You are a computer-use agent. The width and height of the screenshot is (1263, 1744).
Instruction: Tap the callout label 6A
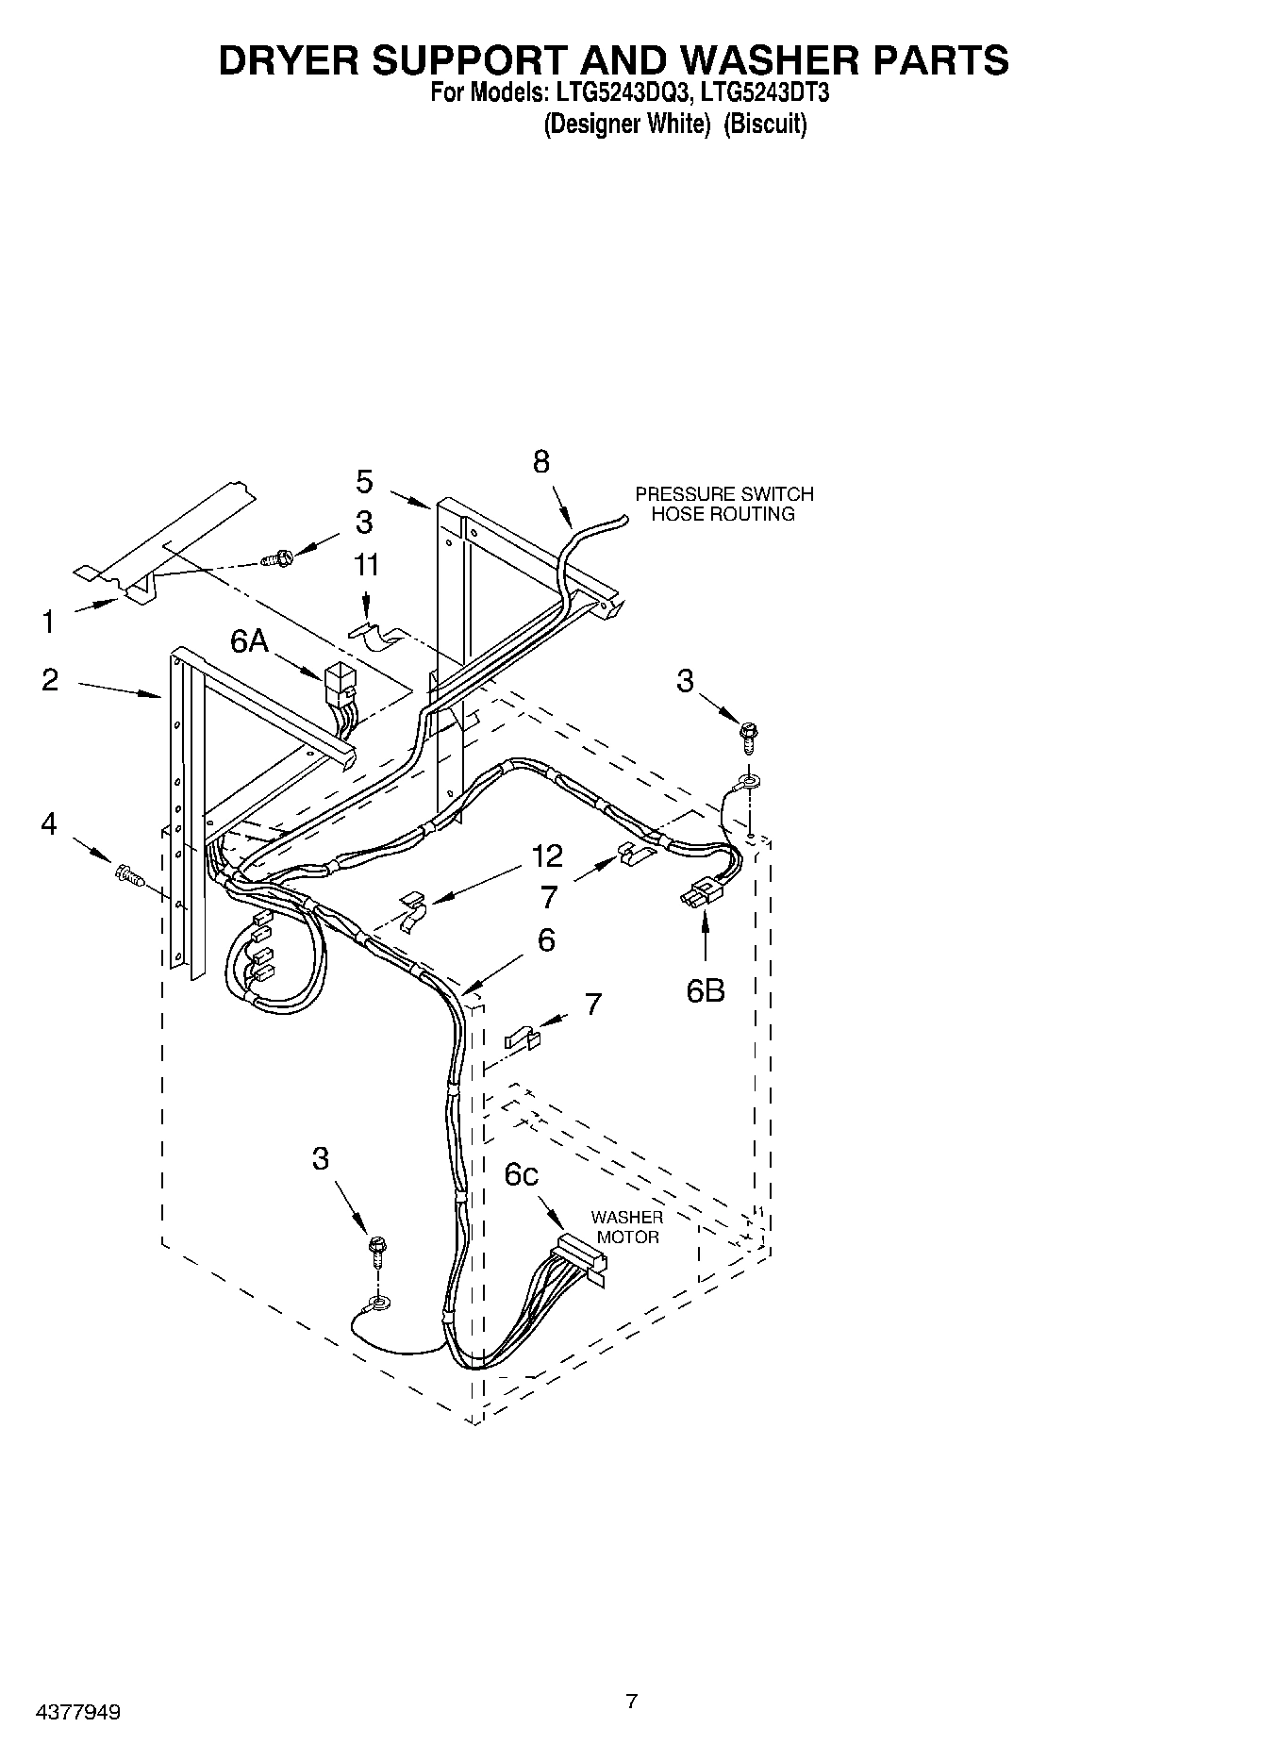[x=249, y=641]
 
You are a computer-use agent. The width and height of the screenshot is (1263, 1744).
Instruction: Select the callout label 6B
[x=705, y=990]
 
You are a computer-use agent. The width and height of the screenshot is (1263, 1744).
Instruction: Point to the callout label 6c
[x=521, y=1174]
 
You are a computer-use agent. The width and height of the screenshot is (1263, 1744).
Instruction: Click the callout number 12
[x=547, y=855]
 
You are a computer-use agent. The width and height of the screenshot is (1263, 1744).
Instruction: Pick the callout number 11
[x=366, y=565]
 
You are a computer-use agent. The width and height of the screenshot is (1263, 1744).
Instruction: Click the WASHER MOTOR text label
[x=627, y=1227]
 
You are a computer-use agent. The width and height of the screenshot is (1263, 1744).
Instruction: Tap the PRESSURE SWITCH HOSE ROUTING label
[x=723, y=504]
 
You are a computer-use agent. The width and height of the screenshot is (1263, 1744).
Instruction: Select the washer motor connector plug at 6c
[x=579, y=1254]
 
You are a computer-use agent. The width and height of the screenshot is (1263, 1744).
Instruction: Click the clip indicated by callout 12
[x=413, y=910]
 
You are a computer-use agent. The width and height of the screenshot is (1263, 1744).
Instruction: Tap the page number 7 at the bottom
[x=631, y=1674]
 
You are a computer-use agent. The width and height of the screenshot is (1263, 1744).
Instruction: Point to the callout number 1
[x=48, y=622]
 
